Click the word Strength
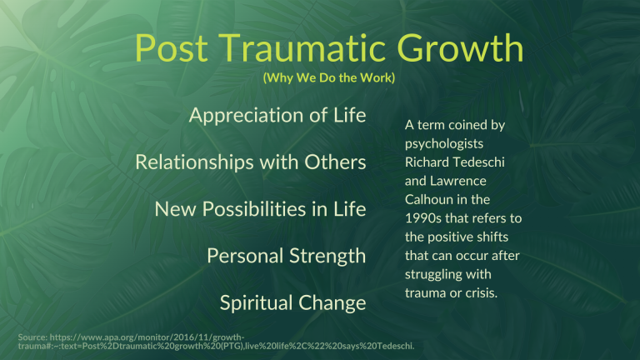(x=328, y=256)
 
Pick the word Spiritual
(x=253, y=302)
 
